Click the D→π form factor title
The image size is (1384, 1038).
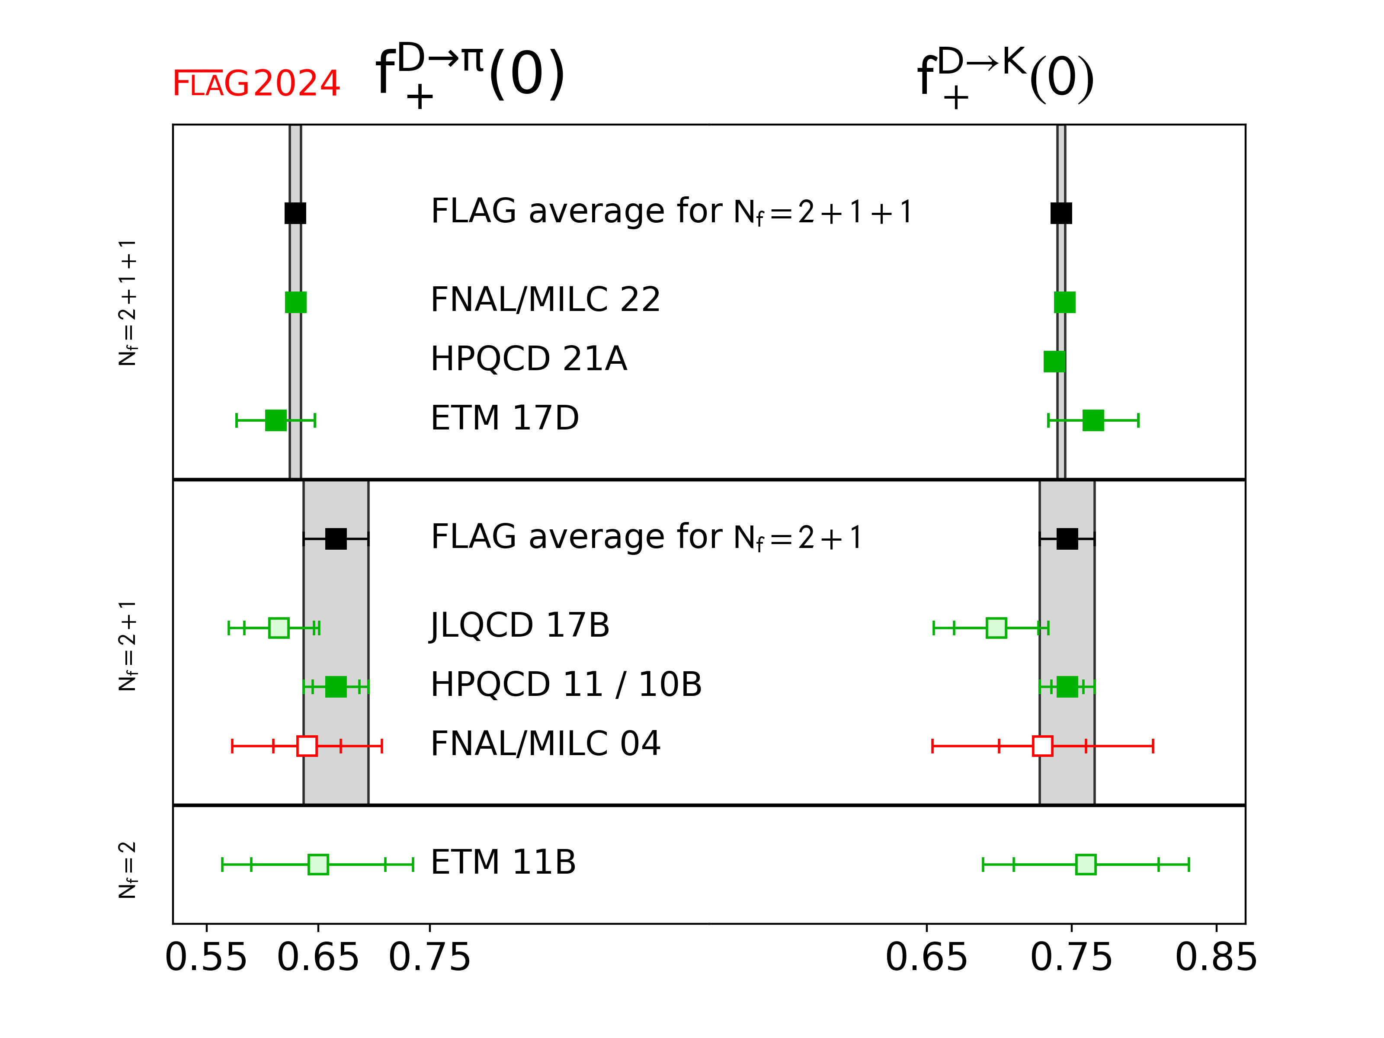471,74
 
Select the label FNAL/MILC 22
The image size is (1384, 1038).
545,300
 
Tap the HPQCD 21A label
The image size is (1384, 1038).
529,359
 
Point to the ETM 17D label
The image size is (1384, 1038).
505,418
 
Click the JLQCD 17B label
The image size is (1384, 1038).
520,625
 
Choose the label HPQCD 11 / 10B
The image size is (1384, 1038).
566,685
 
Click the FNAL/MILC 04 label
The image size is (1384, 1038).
545,744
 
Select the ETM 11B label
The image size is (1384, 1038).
503,862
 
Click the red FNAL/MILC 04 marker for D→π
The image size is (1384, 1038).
307,746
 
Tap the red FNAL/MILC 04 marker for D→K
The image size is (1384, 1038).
1042,746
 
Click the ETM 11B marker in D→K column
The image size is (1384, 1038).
1086,865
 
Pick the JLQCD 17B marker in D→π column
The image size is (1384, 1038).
279,628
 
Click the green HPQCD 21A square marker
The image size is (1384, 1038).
1054,362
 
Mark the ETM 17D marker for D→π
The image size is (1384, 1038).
276,420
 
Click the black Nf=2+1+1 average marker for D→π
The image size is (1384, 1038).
295,213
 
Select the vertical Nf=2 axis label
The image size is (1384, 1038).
128,870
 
